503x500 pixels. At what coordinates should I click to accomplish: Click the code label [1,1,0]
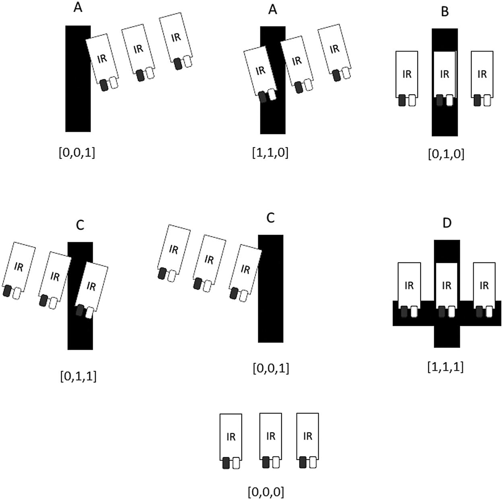[270, 153]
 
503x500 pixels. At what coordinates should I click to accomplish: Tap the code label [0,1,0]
[446, 154]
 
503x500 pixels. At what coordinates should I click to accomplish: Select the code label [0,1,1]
[78, 376]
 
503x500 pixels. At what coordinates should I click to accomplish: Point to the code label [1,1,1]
[445, 366]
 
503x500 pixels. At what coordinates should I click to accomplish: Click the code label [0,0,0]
[266, 492]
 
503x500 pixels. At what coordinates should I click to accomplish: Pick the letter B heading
[445, 12]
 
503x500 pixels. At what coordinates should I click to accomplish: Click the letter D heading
[447, 223]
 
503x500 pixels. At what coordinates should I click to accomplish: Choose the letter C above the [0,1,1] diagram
[80, 225]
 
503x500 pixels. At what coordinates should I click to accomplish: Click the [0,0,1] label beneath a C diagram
[271, 368]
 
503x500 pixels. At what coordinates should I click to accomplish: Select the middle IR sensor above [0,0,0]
[270, 440]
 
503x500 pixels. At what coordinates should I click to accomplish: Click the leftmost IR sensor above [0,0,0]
[231, 441]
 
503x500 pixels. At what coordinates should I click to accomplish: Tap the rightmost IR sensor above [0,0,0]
[308, 440]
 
